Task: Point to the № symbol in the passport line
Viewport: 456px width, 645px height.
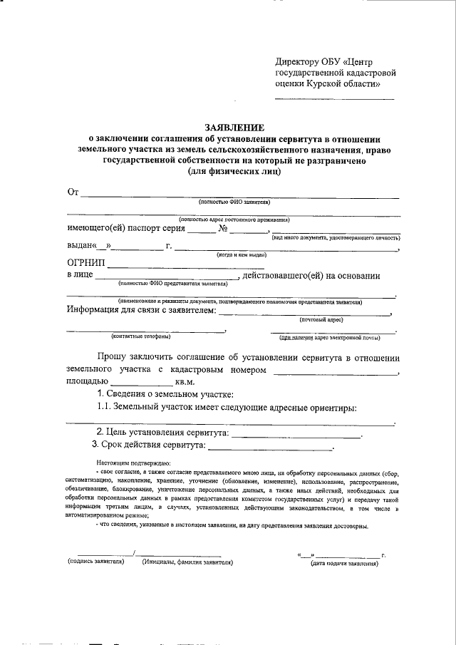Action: pyautogui.click(x=223, y=229)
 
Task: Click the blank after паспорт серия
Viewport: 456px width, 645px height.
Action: pyautogui.click(x=201, y=232)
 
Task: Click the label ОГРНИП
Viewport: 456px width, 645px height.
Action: pyautogui.click(x=86, y=262)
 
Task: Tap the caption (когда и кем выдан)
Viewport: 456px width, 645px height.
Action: pyautogui.click(x=242, y=254)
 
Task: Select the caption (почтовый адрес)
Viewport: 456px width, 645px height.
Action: pyautogui.click(x=321, y=321)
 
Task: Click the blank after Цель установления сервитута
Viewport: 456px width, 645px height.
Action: pyautogui.click(x=296, y=434)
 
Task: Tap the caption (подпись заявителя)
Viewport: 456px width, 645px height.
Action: pyautogui.click(x=96, y=562)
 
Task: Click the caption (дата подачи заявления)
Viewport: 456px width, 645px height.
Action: pyautogui.click(x=343, y=564)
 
